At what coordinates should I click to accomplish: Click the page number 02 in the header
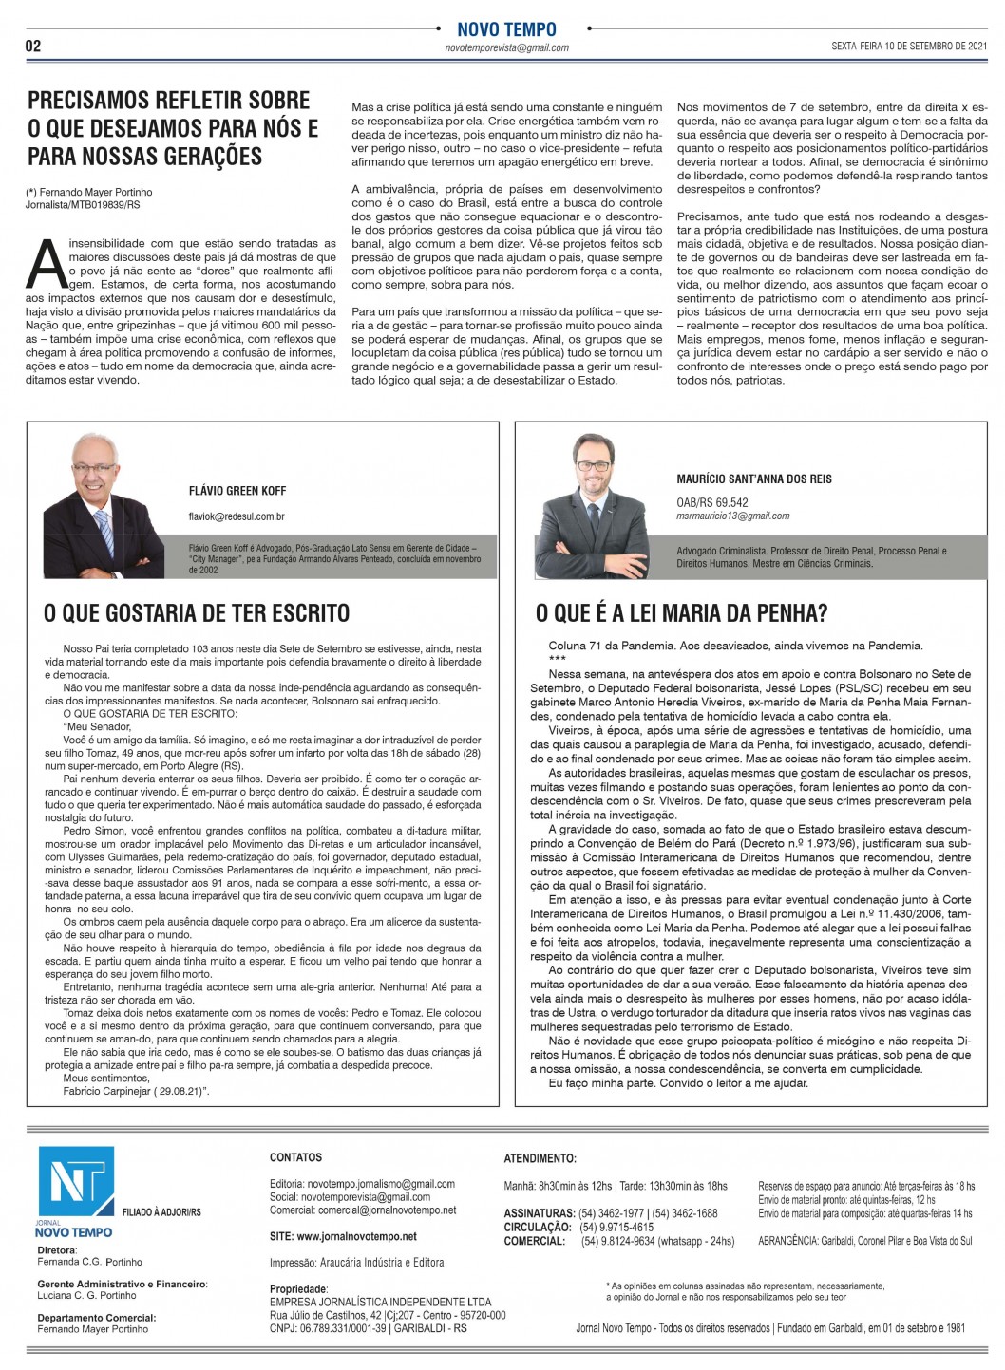(x=33, y=47)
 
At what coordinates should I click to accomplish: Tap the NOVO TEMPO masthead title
(x=506, y=29)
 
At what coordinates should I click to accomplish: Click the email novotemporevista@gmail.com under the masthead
(x=507, y=47)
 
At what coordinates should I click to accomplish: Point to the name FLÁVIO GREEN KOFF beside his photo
(x=237, y=491)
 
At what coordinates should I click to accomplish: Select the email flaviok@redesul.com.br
(x=237, y=516)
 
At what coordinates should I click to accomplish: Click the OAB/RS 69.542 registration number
(x=711, y=502)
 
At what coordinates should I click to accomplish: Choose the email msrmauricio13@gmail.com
(x=732, y=516)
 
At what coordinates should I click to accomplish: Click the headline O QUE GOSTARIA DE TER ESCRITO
(x=197, y=613)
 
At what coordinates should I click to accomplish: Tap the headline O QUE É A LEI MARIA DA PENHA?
(x=681, y=613)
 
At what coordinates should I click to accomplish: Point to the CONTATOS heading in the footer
(x=295, y=1157)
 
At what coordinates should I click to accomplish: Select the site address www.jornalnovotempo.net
(x=343, y=1236)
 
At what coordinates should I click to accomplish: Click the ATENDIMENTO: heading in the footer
(x=540, y=1158)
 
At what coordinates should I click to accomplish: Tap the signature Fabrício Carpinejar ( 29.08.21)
(x=136, y=1092)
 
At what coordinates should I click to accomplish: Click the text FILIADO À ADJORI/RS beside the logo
(x=161, y=1212)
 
